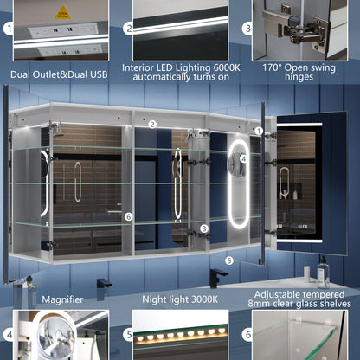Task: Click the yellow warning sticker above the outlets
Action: (62, 12)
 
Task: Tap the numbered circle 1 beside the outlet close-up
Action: (10, 29)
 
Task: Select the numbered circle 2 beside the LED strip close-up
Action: (127, 29)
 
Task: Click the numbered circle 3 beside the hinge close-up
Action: (246, 29)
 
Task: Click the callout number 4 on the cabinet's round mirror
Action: (243, 159)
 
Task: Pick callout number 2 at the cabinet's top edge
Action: (151, 125)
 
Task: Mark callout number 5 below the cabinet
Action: (229, 259)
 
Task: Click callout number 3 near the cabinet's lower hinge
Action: (204, 228)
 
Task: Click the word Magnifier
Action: (61, 299)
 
